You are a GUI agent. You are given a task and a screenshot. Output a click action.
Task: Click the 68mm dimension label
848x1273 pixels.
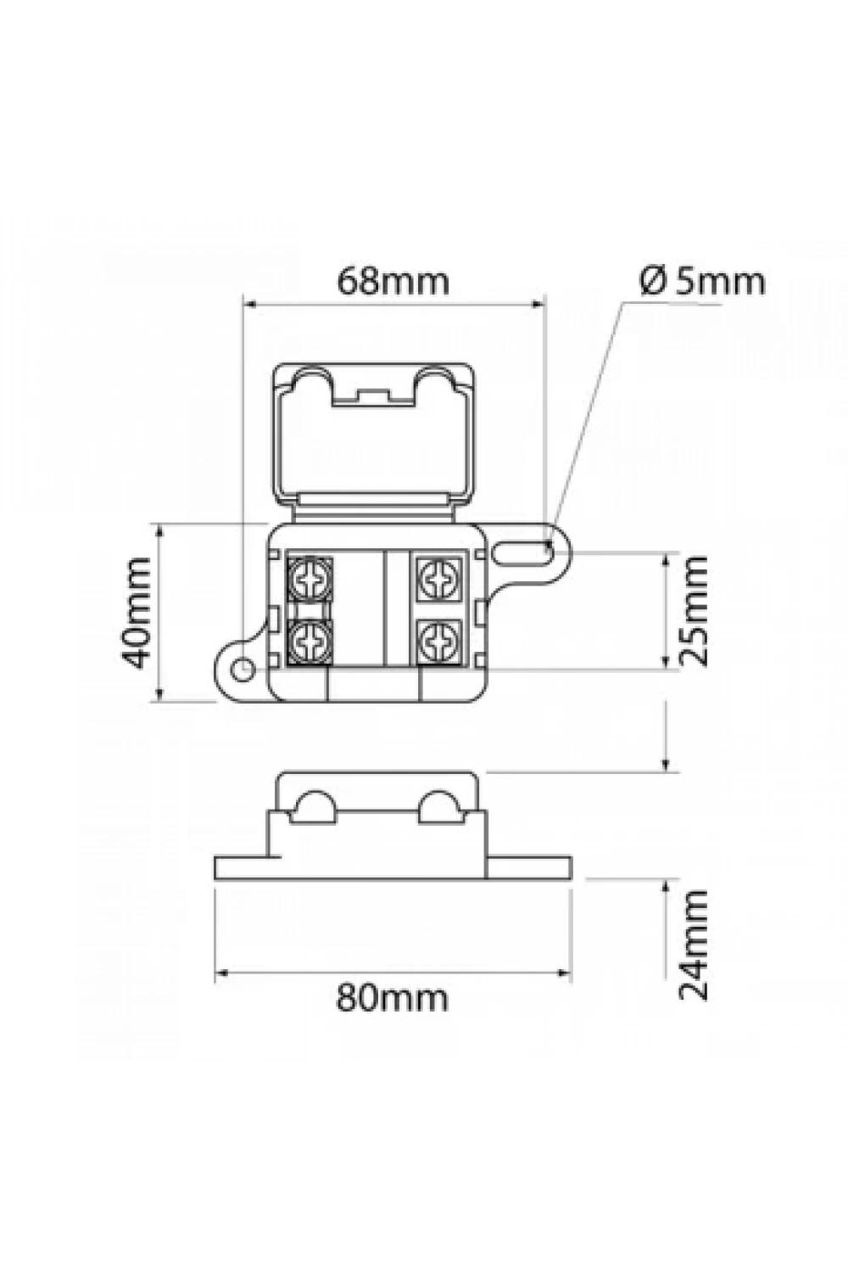[393, 282]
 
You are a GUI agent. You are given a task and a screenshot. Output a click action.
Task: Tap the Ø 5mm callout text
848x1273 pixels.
[702, 281]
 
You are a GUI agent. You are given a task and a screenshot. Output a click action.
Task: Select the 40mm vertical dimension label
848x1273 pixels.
[137, 614]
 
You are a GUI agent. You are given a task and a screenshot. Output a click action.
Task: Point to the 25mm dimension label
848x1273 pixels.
[694, 611]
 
